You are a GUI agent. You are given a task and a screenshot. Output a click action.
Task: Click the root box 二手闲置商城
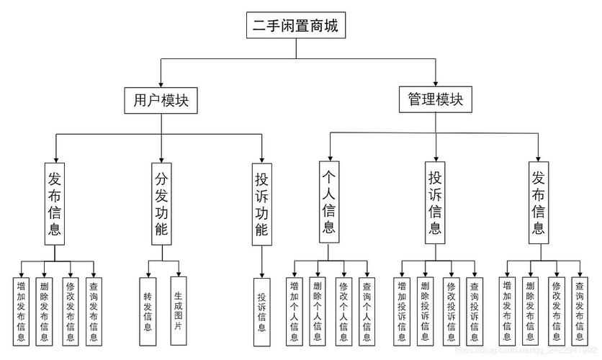click(x=294, y=27)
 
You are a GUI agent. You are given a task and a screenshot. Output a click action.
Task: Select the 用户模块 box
click(x=161, y=100)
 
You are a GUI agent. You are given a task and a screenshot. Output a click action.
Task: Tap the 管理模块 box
click(x=436, y=100)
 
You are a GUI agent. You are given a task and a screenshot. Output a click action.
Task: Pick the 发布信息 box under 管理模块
click(x=538, y=203)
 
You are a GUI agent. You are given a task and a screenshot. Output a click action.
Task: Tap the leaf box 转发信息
click(x=147, y=311)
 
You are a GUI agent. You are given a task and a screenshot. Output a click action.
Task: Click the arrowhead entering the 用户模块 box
click(x=161, y=84)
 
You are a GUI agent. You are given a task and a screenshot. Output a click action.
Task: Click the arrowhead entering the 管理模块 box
click(x=436, y=84)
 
